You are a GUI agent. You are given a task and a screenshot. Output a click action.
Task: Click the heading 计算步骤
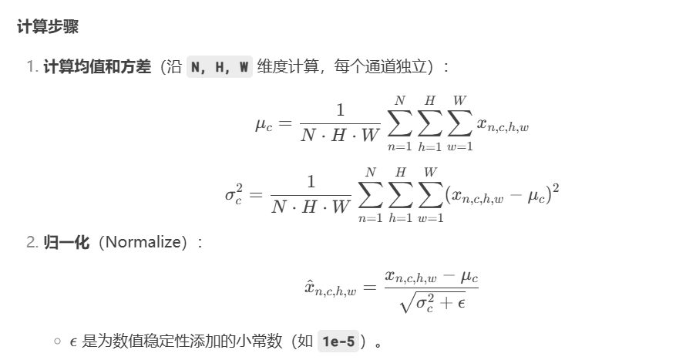[48, 27]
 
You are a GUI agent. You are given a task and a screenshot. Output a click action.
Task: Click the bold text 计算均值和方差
[97, 67]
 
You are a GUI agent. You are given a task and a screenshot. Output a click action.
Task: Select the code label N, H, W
[220, 67]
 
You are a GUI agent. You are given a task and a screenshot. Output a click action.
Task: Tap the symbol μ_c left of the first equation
[264, 124]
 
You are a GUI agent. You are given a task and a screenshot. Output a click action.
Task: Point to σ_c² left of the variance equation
[233, 193]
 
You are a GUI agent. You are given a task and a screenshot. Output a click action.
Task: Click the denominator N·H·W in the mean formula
[340, 136]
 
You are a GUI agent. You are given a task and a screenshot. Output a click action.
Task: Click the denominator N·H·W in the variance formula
[311, 206]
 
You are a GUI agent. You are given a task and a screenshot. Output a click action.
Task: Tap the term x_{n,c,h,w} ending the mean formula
[503, 125]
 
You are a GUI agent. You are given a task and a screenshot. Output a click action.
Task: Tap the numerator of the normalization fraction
[432, 275]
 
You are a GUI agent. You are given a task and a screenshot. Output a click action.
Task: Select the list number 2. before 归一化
[32, 243]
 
